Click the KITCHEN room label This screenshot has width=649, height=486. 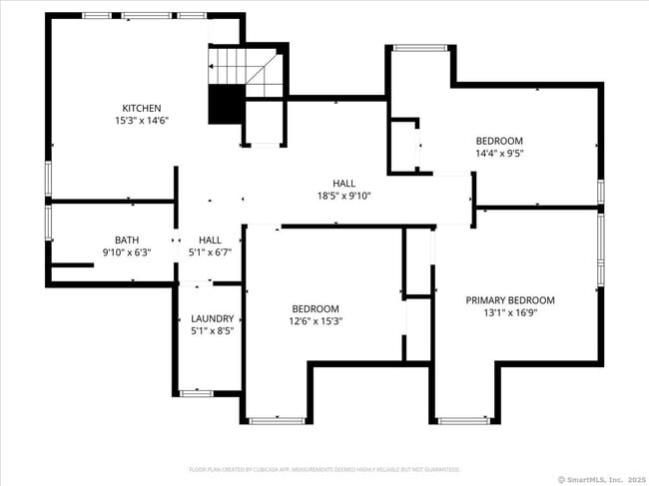tap(142, 108)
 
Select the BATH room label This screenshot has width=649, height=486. tap(127, 240)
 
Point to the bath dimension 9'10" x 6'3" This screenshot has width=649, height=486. tap(127, 252)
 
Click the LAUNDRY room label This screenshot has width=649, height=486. tap(212, 318)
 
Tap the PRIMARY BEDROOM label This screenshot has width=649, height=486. tap(510, 299)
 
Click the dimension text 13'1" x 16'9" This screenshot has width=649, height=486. tap(510, 312)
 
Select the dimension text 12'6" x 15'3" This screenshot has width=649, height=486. tap(316, 321)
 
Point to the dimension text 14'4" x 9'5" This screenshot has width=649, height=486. tap(499, 154)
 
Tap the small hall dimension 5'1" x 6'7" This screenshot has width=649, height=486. tap(210, 252)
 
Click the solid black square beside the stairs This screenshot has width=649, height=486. tap(226, 105)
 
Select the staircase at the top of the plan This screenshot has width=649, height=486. tap(245, 72)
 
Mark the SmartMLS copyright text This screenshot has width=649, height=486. tap(599, 478)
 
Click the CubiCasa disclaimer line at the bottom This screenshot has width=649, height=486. tap(324, 468)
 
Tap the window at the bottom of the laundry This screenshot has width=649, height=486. tap(196, 393)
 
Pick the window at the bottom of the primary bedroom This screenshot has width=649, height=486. tap(463, 421)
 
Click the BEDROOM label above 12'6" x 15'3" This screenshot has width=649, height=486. tap(316, 308)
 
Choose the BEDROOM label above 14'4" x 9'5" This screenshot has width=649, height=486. tap(499, 141)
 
